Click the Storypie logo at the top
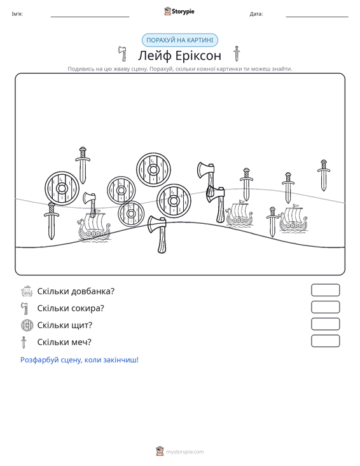pos(179,11)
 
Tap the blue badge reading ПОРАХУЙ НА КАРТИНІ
pos(180,40)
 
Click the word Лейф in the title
pos(154,55)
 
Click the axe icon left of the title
pos(122,53)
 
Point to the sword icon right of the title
pos(237,53)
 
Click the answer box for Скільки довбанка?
pos(325,290)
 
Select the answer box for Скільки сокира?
pos(325,307)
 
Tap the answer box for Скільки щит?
pos(325,324)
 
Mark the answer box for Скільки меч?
pos(325,341)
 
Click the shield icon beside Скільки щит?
pos(27,325)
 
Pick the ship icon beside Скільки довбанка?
pos(27,291)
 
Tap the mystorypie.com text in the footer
pos(185,452)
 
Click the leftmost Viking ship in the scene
pos(93,227)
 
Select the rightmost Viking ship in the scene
pos(293,219)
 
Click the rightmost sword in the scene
pos(324,175)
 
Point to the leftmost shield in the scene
pos(62,188)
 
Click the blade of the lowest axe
pos(155,224)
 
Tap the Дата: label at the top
pos(256,14)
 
